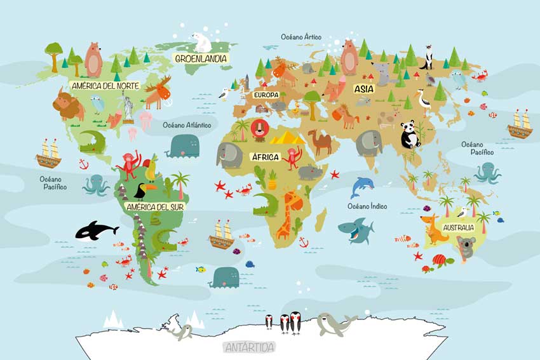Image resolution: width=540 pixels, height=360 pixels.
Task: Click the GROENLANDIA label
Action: coord(201,58)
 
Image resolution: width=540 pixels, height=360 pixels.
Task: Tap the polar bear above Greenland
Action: coord(201,42)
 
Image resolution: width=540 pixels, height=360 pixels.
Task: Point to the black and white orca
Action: coord(93,230)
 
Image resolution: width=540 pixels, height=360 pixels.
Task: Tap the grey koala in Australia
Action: coord(466,247)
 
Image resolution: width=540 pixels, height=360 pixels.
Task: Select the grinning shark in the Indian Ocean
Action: coord(356,230)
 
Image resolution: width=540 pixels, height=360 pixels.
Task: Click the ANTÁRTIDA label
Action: coord(249,347)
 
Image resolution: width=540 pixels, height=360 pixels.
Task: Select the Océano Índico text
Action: coord(367,206)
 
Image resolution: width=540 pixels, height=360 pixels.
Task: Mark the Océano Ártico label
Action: coord(301,37)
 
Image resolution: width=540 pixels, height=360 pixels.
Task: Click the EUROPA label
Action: coord(266,95)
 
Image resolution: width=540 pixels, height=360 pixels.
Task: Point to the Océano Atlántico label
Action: coord(187,125)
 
